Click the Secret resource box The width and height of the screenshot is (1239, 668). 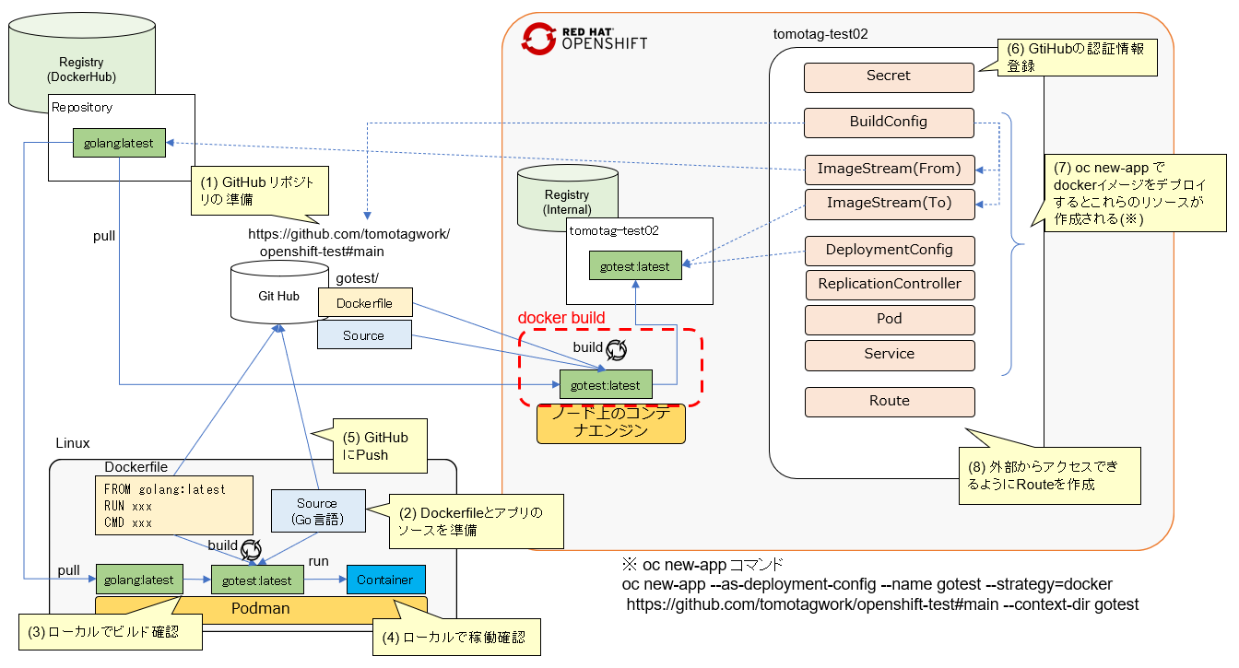(x=889, y=77)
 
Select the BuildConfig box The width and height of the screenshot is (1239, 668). (x=889, y=123)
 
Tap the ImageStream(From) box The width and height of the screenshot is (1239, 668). (x=889, y=169)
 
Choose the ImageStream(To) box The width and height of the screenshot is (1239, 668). (x=889, y=204)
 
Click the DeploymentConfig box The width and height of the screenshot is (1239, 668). (x=889, y=251)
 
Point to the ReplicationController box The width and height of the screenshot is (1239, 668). (x=889, y=285)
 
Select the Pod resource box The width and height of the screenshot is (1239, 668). (x=889, y=320)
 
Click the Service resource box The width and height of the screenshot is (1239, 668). (x=889, y=355)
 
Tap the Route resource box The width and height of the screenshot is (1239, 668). (x=889, y=402)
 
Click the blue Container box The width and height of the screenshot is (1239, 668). (x=385, y=580)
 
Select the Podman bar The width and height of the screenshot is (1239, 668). (x=261, y=609)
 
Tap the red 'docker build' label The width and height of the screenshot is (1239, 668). (x=561, y=319)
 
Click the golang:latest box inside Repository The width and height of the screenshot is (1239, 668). (x=119, y=143)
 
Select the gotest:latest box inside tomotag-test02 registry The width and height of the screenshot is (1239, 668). (x=634, y=266)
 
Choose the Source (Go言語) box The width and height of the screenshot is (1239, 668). (x=317, y=510)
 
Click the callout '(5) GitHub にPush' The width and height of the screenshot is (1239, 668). (x=374, y=446)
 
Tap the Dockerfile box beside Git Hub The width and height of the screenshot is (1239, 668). (x=365, y=302)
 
